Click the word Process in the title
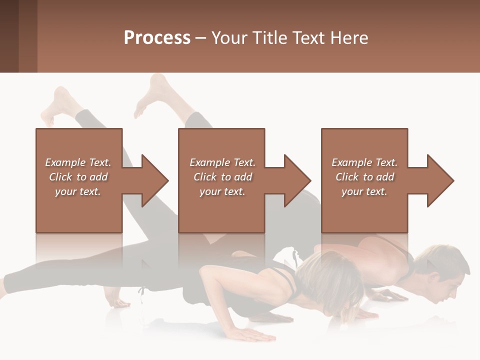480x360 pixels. coord(157,38)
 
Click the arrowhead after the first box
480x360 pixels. coord(153,180)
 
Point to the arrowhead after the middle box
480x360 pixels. coord(296,180)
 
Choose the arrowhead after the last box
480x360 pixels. coord(439,180)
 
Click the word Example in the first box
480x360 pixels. coord(65,162)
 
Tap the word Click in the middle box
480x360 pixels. coord(204,177)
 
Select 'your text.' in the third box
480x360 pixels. coord(364,191)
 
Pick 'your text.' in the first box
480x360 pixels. coord(78,191)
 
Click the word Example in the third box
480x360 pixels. coord(351,162)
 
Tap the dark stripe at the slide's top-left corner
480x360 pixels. coord(9,36)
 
